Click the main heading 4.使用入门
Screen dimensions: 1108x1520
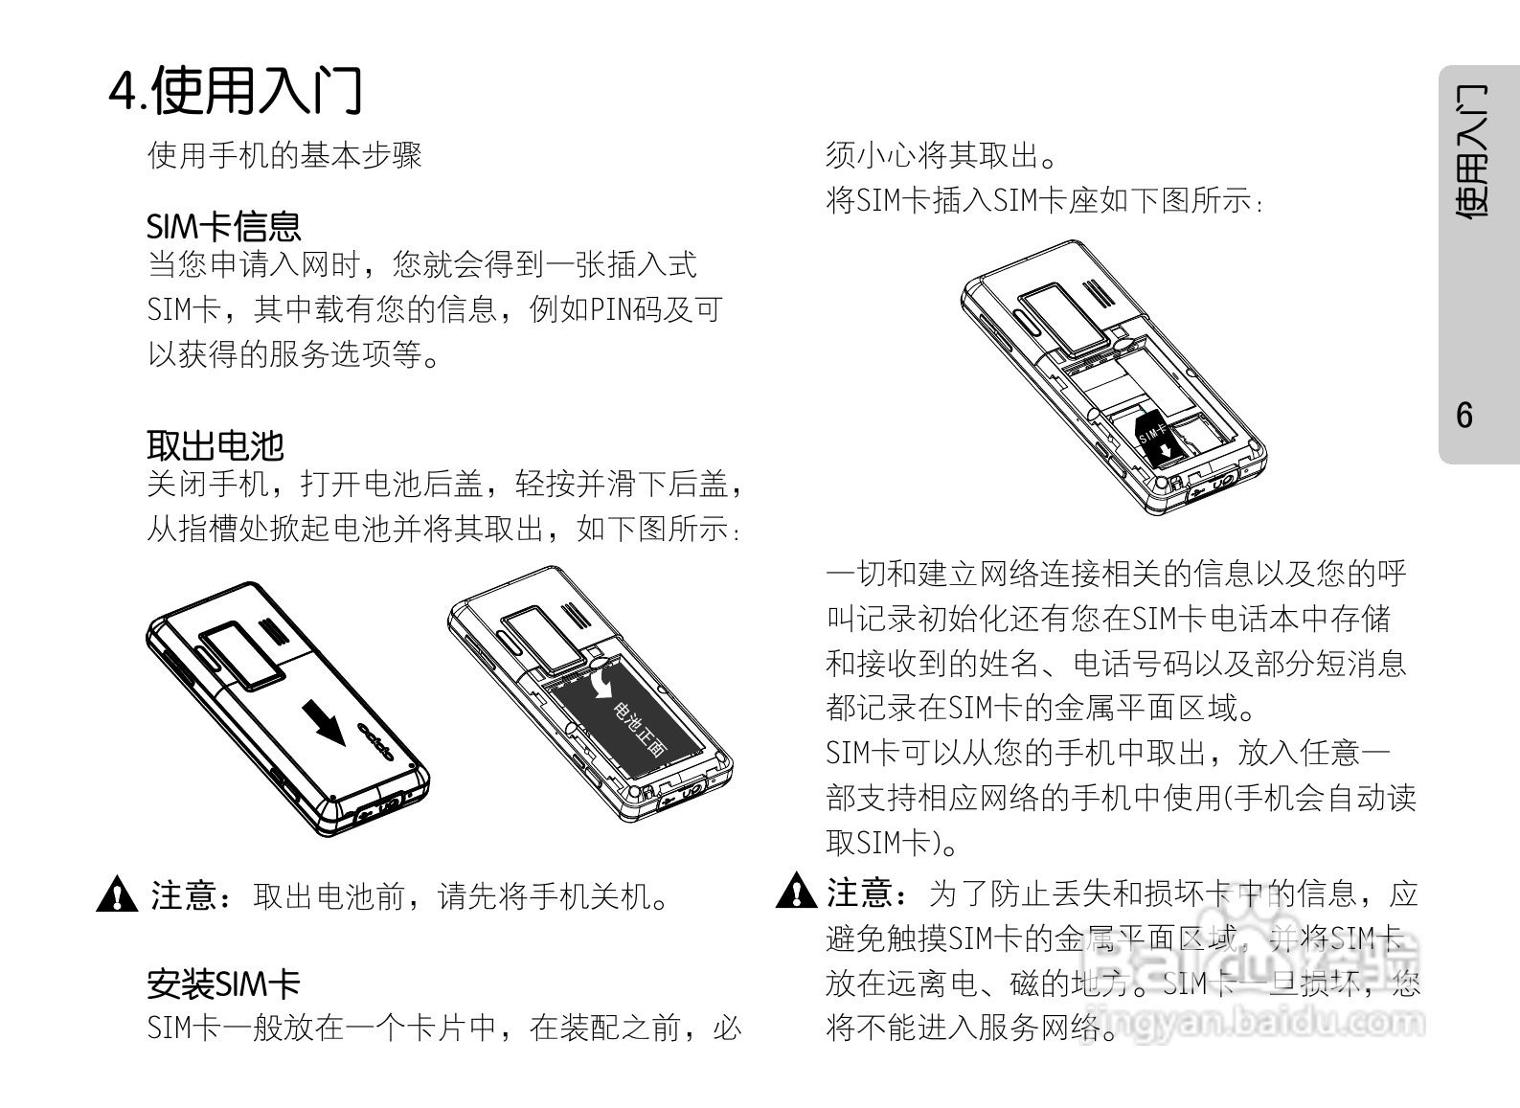(235, 90)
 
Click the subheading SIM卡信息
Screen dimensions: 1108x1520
(223, 226)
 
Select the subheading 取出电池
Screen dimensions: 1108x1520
(216, 445)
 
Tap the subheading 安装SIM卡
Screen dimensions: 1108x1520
(223, 983)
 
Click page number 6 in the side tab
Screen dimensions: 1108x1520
(1464, 416)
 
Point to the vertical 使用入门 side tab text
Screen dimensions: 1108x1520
(1471, 153)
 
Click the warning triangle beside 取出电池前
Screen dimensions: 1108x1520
(117, 895)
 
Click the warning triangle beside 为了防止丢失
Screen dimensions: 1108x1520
(794, 892)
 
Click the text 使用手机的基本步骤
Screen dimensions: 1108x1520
(284, 155)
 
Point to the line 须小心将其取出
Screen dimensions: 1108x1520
(941, 155)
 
